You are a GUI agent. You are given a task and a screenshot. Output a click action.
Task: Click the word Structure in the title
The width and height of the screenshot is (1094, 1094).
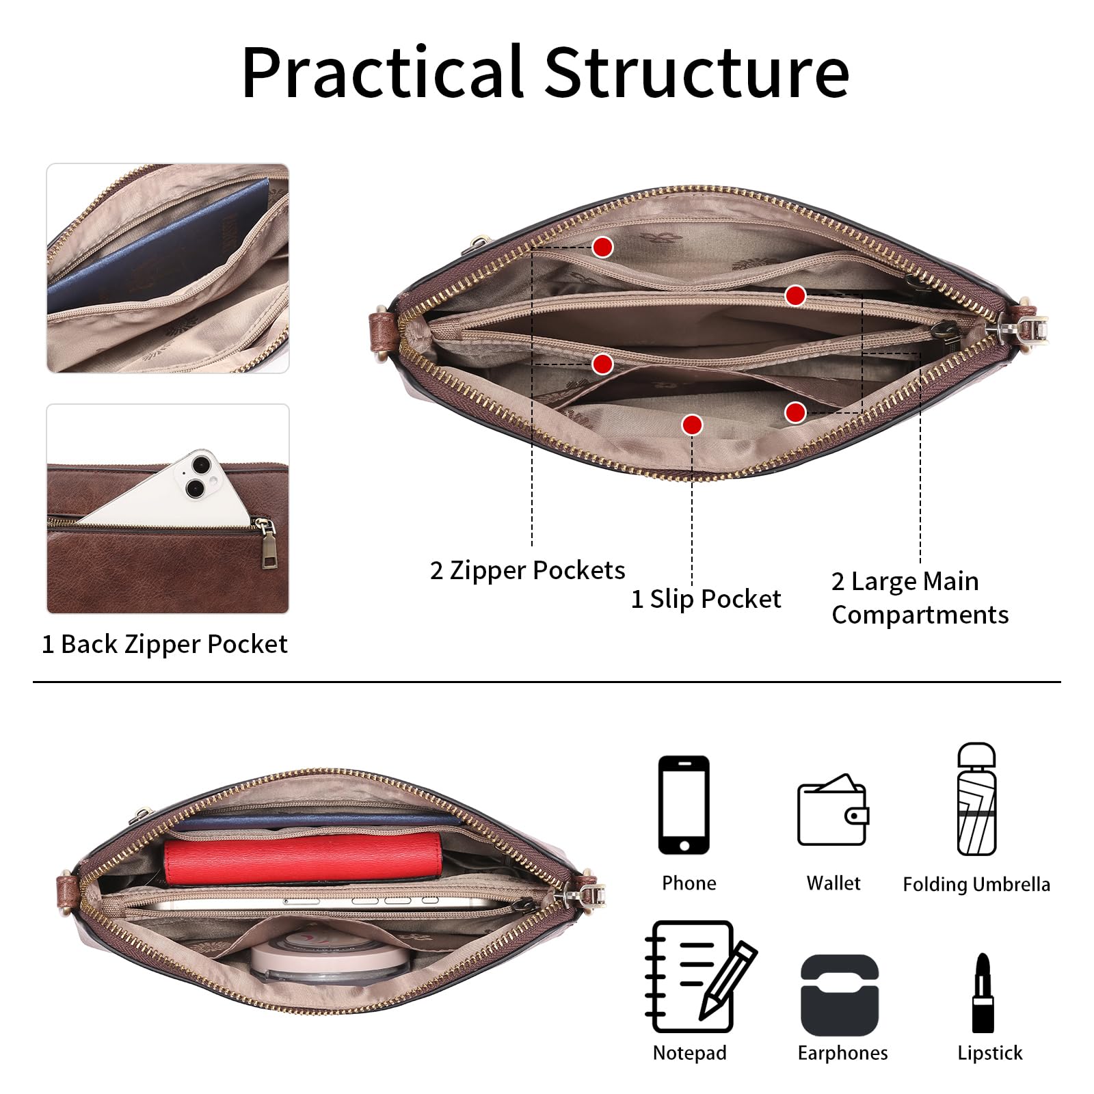(697, 72)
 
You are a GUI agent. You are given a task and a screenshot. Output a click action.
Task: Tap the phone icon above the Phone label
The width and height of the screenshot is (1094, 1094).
(684, 805)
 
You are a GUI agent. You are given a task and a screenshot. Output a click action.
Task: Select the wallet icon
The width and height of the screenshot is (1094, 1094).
(833, 810)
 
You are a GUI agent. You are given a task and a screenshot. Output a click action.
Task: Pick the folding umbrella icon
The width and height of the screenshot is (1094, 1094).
(976, 799)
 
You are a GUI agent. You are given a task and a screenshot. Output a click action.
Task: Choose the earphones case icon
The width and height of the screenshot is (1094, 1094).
(840, 995)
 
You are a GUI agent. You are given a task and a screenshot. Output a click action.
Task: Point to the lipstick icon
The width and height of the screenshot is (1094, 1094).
(983, 993)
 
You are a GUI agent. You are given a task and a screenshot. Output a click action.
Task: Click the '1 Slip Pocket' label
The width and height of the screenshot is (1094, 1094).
(706, 599)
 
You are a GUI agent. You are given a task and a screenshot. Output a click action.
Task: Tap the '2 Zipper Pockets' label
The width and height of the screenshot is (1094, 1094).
(527, 570)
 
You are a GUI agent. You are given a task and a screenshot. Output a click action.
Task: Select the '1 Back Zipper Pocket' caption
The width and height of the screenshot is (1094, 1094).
(165, 644)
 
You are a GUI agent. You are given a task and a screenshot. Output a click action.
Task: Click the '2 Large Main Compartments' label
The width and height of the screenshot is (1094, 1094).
(920, 598)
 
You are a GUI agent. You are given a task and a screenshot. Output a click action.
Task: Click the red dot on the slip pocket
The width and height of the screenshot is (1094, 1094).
(692, 425)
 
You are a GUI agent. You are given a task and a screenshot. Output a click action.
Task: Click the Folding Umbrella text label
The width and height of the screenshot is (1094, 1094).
(976, 884)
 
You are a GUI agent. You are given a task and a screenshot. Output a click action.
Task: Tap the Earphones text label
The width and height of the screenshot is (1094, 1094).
(842, 1053)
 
